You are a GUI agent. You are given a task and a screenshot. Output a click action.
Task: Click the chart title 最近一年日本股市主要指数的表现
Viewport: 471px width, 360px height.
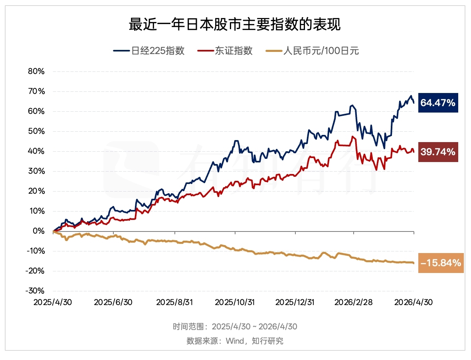235,24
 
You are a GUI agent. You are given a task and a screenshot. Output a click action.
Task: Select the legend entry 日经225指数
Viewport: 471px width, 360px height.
149,50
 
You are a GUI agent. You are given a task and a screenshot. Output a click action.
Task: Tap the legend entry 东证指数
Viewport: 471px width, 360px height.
225,50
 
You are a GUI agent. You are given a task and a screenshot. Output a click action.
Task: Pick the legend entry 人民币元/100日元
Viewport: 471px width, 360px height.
312,50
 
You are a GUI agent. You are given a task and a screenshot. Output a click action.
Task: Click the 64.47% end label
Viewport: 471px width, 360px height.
438,103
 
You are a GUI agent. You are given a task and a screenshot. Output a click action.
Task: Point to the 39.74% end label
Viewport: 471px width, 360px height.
438,152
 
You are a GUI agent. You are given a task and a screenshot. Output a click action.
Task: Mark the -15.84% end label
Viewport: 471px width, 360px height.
441,263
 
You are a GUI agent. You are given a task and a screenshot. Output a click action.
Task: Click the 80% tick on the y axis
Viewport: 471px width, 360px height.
36,71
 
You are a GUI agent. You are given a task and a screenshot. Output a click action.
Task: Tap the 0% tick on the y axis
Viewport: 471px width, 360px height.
39,231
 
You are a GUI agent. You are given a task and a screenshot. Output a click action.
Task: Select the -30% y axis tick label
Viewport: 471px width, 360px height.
35,291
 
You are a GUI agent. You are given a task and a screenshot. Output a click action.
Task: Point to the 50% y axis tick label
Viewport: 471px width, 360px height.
36,131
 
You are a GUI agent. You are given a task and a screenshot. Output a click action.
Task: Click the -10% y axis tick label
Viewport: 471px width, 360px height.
36,251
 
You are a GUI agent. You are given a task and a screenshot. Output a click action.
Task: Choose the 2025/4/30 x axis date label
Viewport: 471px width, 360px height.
53,302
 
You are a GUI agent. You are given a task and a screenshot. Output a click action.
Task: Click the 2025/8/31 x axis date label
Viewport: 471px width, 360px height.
174,302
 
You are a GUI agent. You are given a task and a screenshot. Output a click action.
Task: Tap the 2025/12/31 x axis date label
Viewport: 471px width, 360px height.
295,302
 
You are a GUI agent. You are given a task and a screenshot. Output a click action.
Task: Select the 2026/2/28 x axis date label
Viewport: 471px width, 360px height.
354,302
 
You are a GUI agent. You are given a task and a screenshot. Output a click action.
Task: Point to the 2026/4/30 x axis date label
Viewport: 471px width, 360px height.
414,302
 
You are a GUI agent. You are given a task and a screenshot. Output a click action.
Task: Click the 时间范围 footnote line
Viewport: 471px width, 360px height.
235,326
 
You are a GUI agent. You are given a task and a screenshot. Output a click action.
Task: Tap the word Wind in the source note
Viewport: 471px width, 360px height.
235,341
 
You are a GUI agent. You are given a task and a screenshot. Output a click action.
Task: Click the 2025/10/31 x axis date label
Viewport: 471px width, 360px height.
235,302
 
